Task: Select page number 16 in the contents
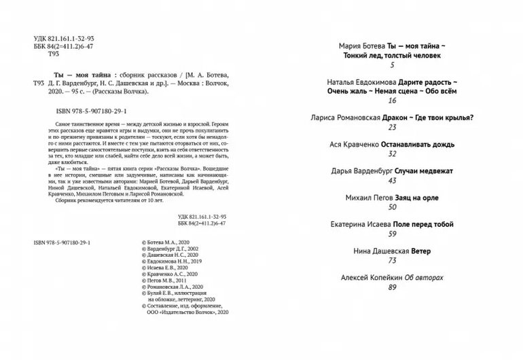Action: tap(392, 101)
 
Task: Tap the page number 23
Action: tap(392, 127)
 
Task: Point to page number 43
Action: tap(392, 181)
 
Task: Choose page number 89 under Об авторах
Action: tap(392, 287)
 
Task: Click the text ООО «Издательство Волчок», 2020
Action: tap(187, 312)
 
